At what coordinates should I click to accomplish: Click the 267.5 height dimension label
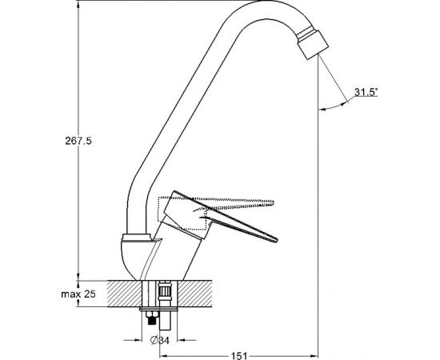(x=78, y=141)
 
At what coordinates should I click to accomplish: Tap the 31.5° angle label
(x=366, y=92)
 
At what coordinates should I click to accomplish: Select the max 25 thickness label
(x=78, y=294)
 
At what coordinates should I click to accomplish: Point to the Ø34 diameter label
(x=160, y=340)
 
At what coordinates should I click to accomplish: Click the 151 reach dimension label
(x=239, y=356)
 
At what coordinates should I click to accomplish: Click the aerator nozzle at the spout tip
(x=313, y=43)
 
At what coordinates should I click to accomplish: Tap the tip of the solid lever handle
(x=277, y=240)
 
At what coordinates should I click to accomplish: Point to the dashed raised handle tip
(x=273, y=203)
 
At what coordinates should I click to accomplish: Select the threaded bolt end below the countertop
(x=152, y=319)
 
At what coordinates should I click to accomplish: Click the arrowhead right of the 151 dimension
(x=314, y=354)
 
